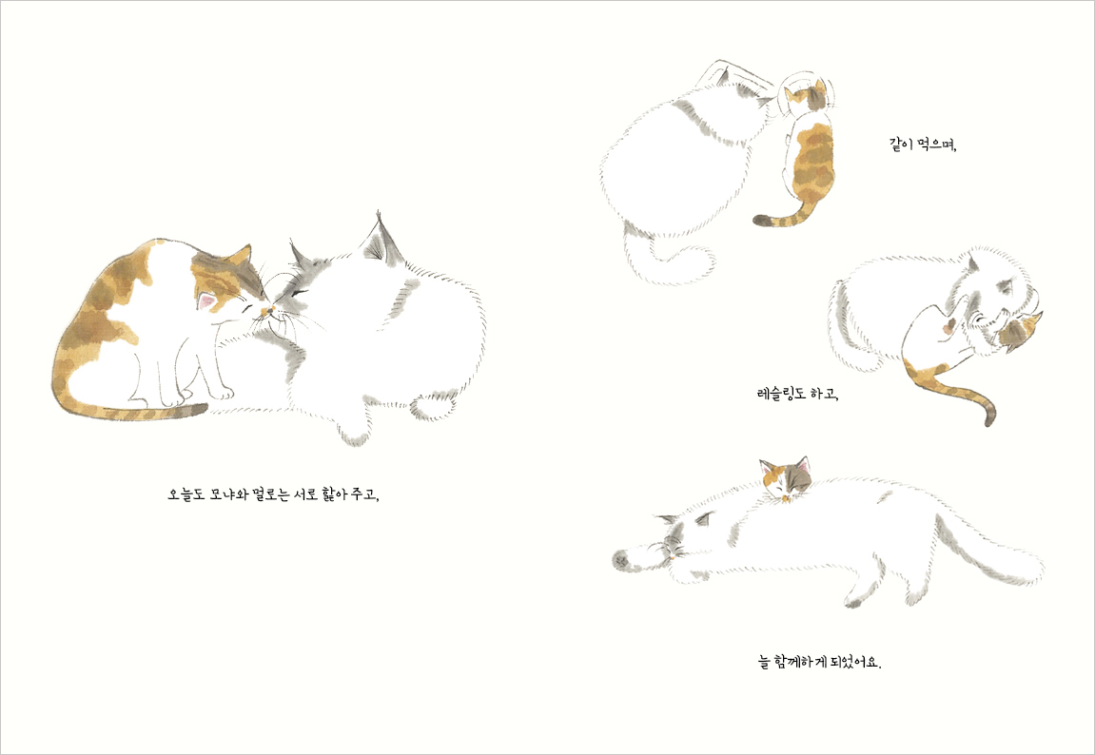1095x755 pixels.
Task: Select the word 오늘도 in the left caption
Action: pyautogui.click(x=185, y=495)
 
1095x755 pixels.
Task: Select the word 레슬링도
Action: pyautogui.click(x=781, y=395)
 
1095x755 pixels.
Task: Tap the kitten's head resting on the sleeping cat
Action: pyautogui.click(x=787, y=478)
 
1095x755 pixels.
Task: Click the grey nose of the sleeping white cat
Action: pyautogui.click(x=620, y=558)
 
